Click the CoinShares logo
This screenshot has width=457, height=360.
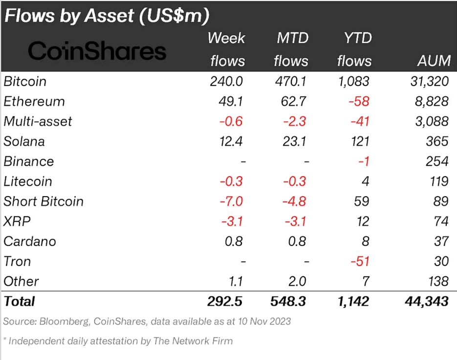[x=97, y=51]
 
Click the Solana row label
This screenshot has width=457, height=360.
[x=24, y=142]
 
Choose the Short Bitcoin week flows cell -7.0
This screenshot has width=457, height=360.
[x=230, y=202]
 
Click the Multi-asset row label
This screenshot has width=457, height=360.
[x=38, y=122]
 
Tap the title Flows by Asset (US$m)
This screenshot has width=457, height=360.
[x=107, y=16]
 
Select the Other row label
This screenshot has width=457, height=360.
[x=21, y=281]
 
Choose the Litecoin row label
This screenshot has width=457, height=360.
[x=27, y=181]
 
